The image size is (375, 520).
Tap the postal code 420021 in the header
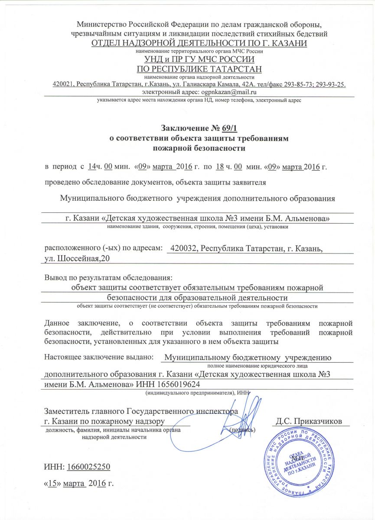tap(62, 84)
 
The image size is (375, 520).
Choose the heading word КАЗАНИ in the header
tap(288, 43)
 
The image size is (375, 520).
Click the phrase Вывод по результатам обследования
tap(108, 277)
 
